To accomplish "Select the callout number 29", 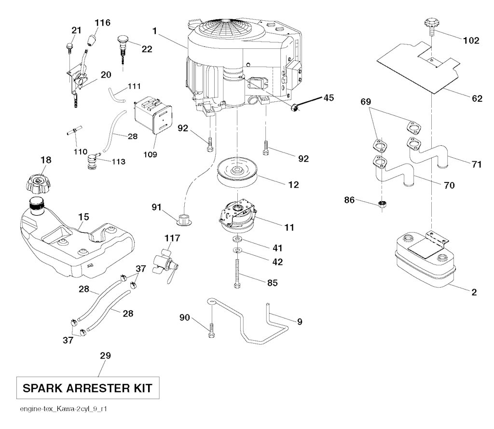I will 105,356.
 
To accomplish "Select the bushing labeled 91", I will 184,219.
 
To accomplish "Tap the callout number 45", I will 328,98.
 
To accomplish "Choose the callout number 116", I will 102,22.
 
